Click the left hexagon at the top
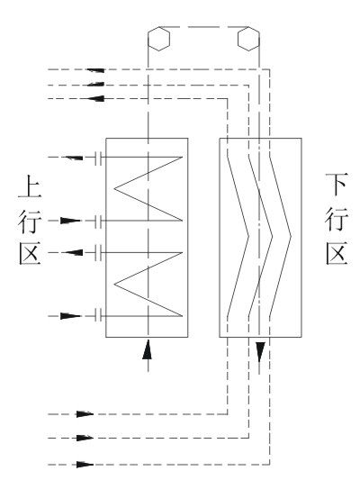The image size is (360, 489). [158, 39]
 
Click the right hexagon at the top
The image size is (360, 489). [248, 39]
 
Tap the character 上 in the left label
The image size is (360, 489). [30, 186]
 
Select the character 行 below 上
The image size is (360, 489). [30, 222]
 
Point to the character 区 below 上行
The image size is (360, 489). [30, 254]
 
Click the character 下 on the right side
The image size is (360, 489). [337, 185]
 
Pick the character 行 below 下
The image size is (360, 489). [337, 219]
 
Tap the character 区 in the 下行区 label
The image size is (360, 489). [337, 253]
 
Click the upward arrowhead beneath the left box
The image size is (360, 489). [148, 349]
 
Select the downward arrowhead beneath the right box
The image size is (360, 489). [260, 352]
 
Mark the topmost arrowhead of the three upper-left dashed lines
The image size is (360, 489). [95, 70]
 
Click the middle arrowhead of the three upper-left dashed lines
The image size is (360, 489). [95, 85]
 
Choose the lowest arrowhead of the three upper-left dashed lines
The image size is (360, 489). [95, 98]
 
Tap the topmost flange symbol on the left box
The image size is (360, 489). [98, 158]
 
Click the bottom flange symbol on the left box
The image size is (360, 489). [98, 315]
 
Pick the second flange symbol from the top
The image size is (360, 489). [98, 221]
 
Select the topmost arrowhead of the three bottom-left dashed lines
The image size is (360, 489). [85, 414]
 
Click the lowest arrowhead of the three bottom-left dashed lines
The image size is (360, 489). [85, 465]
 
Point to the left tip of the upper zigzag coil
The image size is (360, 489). [114, 188]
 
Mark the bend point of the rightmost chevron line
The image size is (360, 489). [291, 237]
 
